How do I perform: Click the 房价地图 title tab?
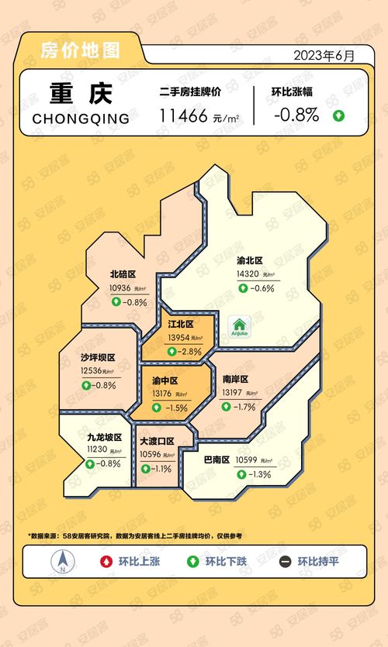(81, 52)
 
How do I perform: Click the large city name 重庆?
(81, 94)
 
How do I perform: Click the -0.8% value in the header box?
(296, 115)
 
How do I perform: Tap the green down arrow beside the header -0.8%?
(338, 116)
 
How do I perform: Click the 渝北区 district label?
(250, 261)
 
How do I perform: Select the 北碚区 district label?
(123, 274)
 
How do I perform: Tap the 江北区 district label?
(180, 324)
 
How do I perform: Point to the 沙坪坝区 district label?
(98, 358)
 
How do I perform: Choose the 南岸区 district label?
(235, 380)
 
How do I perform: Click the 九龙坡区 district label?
(104, 437)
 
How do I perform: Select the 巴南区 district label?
(217, 459)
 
